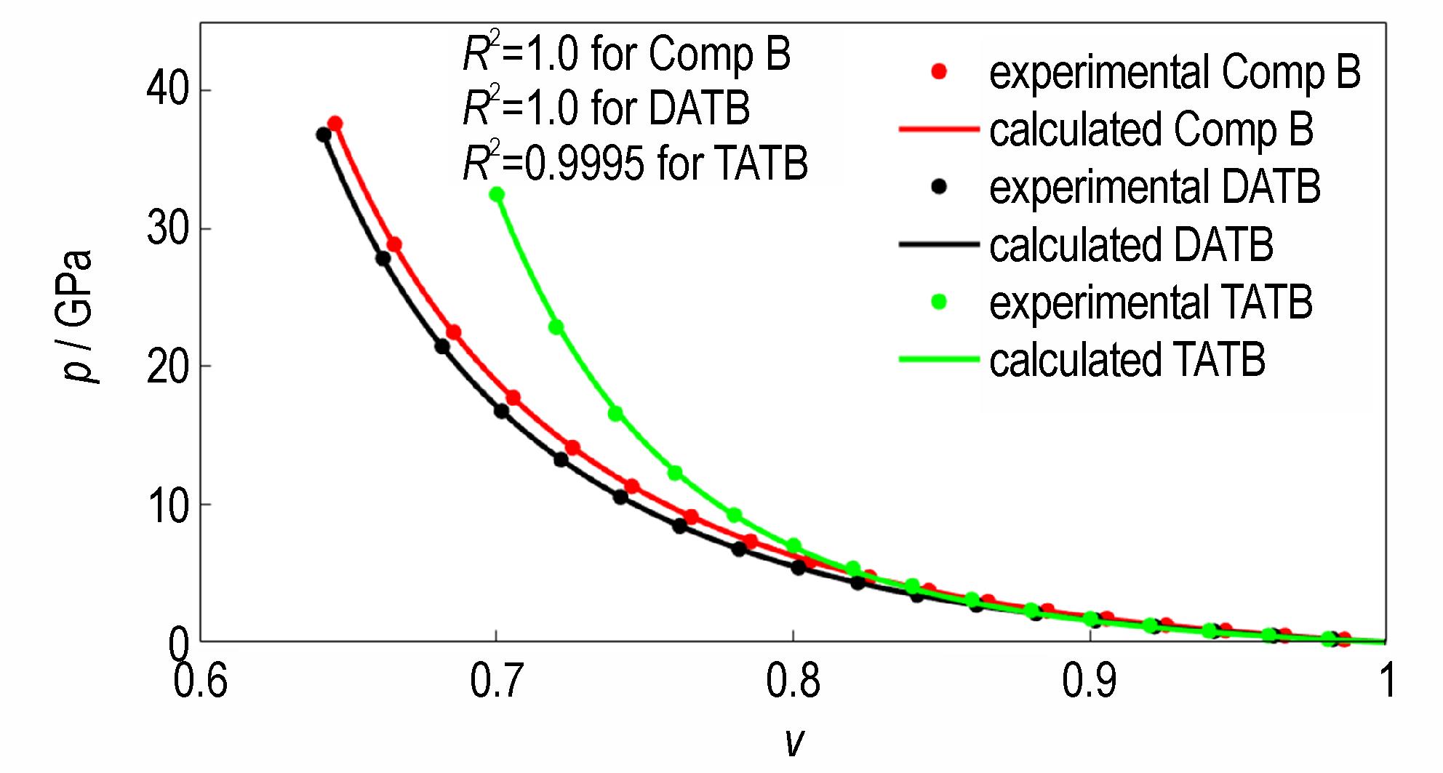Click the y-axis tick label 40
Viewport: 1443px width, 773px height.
pyautogui.click(x=167, y=89)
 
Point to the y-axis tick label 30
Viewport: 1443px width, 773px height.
pyautogui.click(x=167, y=228)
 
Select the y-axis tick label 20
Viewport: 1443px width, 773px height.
pyautogui.click(x=167, y=366)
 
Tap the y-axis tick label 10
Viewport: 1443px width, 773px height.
pyautogui.click(x=167, y=505)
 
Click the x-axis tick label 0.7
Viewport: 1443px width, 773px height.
pyautogui.click(x=496, y=681)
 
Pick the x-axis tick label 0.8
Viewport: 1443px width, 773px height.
pyautogui.click(x=793, y=681)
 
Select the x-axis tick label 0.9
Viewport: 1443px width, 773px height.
pyautogui.click(x=1089, y=681)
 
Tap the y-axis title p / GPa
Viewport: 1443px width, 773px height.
pyautogui.click(x=77, y=316)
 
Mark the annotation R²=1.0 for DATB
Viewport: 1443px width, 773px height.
pyautogui.click(x=606, y=108)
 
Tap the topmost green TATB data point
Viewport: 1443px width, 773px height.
pyautogui.click(x=497, y=194)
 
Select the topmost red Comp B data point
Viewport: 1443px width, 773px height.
pyautogui.click(x=335, y=124)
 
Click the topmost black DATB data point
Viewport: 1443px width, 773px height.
pyautogui.click(x=324, y=135)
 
